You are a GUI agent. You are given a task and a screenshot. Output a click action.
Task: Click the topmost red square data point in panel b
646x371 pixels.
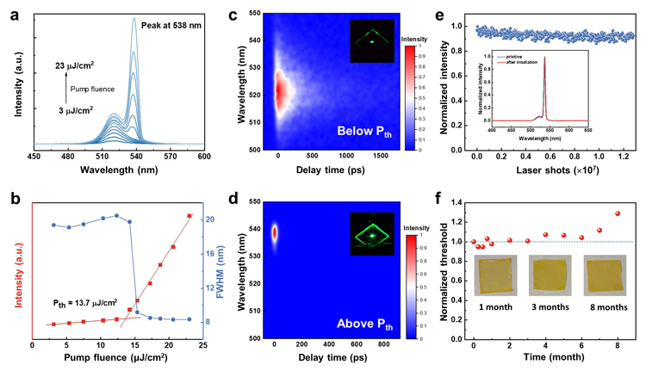tap(189, 215)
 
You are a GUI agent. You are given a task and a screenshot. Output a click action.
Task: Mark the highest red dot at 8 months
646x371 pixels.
tap(618, 213)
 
